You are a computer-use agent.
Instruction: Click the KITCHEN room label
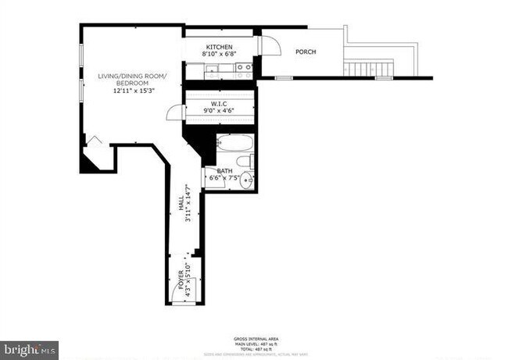[x=220, y=47]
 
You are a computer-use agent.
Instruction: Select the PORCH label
[x=306, y=52]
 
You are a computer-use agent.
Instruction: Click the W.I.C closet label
[x=220, y=103]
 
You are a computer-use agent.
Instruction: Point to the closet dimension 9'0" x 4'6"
[x=220, y=111]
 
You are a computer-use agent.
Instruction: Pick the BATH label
[x=224, y=170]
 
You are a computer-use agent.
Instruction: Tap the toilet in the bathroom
[x=247, y=161]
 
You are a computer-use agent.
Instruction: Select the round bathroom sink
[x=247, y=180]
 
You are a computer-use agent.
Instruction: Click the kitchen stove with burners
[x=244, y=70]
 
